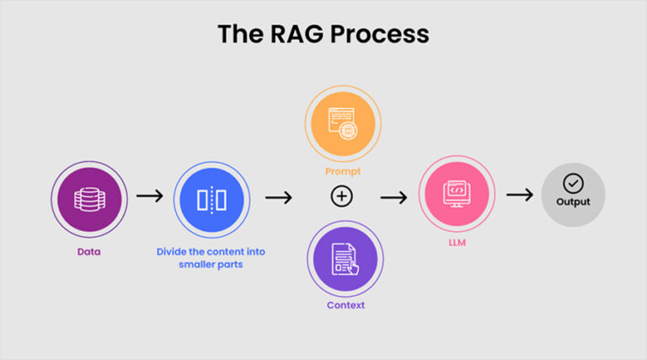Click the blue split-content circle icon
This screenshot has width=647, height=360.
211,200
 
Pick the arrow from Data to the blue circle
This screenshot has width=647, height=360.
149,196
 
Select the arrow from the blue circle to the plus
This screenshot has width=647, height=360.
278,197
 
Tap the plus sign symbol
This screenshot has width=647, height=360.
341,196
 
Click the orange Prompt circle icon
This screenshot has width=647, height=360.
343,122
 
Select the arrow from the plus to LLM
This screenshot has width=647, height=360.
393,197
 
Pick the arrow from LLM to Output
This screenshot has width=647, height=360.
519,195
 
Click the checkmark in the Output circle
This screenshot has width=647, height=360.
573,183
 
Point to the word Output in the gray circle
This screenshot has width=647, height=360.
573,202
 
